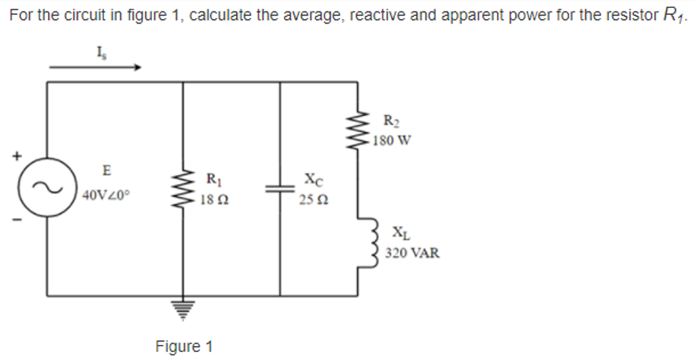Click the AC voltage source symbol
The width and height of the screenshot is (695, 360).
[x=47, y=187]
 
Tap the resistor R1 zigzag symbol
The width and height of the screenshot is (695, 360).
[x=183, y=188]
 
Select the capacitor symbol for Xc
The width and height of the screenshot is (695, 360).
[x=280, y=188]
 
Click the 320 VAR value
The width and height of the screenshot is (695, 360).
[x=412, y=253]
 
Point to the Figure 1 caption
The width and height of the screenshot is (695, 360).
[x=184, y=346]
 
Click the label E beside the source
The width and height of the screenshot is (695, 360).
[x=106, y=171]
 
